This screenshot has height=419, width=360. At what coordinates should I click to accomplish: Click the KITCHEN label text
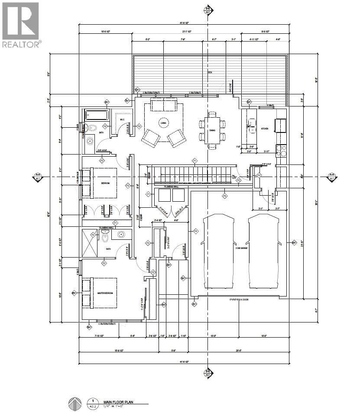tap(265, 129)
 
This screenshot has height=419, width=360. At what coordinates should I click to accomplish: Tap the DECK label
tap(210, 73)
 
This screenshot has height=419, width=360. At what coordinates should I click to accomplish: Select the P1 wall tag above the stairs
tap(195, 161)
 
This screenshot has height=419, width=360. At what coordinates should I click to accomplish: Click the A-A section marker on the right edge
tap(331, 177)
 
